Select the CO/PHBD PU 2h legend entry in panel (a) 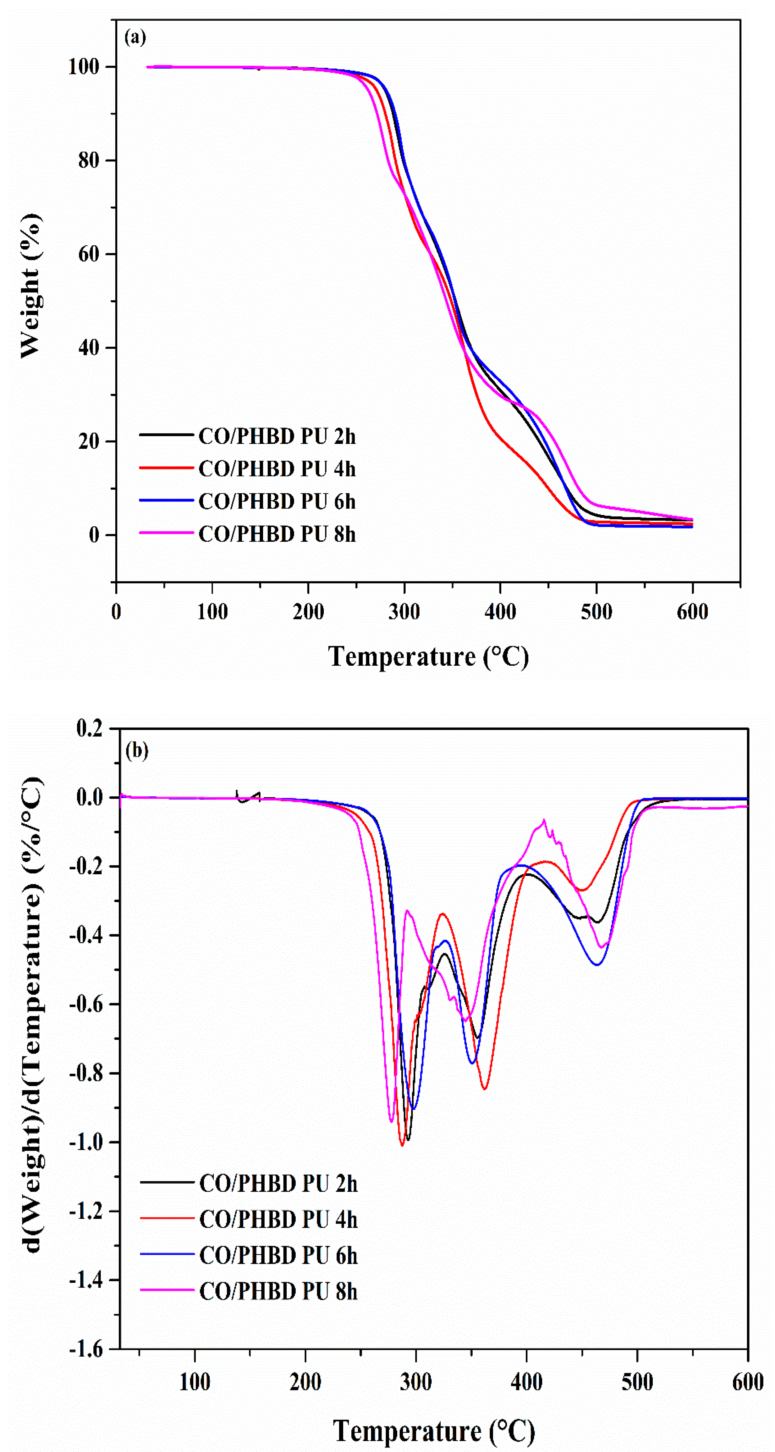click(277, 436)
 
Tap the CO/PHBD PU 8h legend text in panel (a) click(277, 534)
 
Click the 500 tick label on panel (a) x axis click(596, 612)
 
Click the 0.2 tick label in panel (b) click(90, 728)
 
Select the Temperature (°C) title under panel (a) click(428, 657)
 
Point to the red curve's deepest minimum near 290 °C click(402, 1145)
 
